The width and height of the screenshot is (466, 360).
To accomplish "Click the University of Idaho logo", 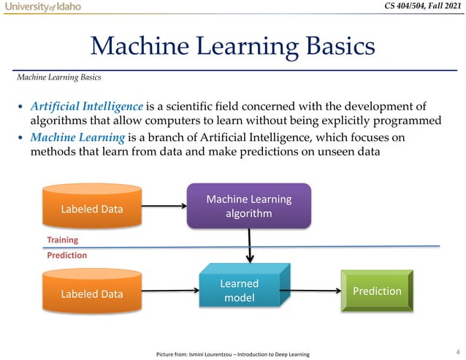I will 42,7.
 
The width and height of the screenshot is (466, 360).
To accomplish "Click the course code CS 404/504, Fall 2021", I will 423,7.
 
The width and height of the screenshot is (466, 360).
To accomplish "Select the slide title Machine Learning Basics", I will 232,48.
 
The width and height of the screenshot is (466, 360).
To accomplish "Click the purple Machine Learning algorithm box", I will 249,206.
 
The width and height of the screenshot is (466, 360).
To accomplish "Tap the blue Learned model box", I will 239,290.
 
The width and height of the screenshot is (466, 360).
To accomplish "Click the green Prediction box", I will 377,291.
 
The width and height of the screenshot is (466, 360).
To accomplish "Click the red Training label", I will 62,240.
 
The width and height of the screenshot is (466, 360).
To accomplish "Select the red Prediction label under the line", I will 66,256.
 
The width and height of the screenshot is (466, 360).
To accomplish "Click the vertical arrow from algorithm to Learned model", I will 250,245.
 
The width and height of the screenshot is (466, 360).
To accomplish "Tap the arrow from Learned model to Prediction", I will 315,290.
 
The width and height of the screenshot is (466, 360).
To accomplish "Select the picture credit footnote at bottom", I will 232,354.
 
